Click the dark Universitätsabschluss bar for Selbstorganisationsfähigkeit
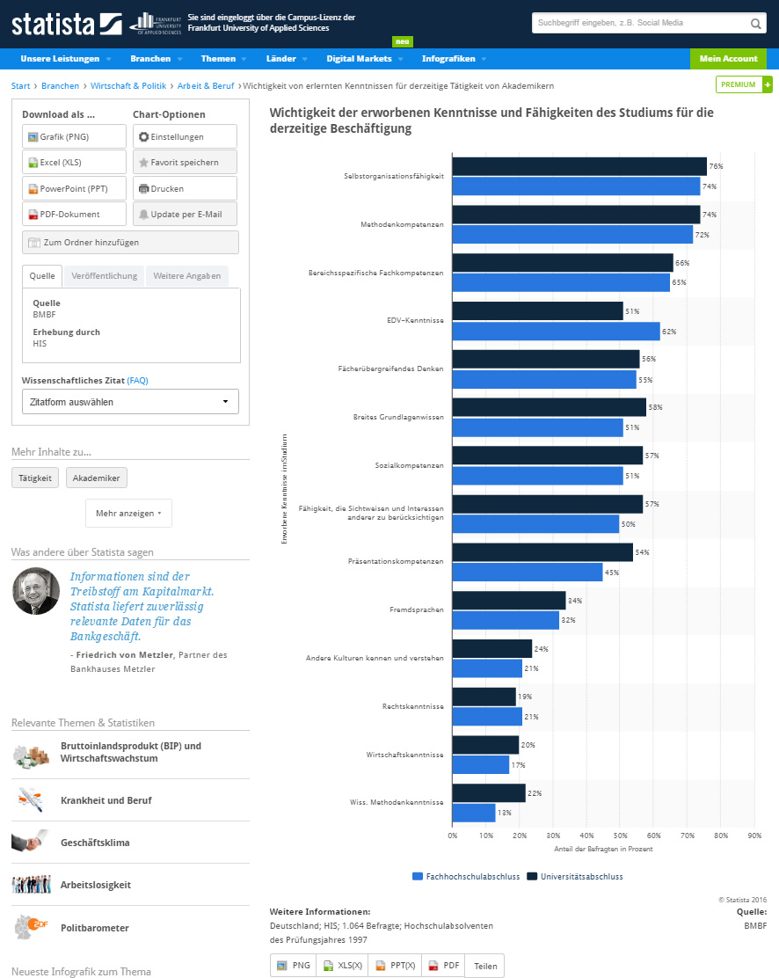[x=579, y=166]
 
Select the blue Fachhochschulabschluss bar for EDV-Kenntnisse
[x=556, y=332]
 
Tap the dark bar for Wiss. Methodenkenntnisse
[x=488, y=792]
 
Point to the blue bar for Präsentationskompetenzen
[x=527, y=573]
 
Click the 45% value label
[x=611, y=573]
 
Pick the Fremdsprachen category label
[x=417, y=609]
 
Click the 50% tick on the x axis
[x=619, y=836]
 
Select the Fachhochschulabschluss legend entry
[x=464, y=876]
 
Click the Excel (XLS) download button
[x=74, y=163]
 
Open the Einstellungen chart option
[x=185, y=136]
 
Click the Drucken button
[x=185, y=188]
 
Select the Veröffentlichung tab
[x=105, y=276]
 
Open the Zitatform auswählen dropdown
[x=130, y=402]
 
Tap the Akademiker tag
[x=97, y=478]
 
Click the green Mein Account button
[x=728, y=59]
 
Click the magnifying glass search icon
[x=756, y=24]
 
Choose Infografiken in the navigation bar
[x=448, y=59]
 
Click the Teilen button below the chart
[x=484, y=966]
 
